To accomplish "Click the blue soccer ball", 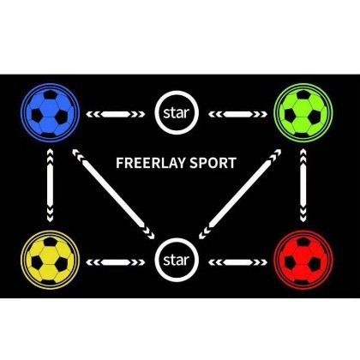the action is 50,113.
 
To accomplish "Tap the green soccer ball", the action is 303,112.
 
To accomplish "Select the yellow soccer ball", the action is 50,260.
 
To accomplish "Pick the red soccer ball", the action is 303,260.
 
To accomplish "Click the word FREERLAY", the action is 151,163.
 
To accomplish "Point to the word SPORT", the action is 213,163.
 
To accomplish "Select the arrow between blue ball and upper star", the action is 116,114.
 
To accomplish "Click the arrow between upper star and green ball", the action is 237,114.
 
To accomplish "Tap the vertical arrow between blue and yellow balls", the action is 50,185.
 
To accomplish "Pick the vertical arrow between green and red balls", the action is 303,185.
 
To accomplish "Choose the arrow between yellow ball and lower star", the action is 116,262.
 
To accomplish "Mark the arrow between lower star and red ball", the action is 237,262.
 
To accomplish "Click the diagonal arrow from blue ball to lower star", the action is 113,194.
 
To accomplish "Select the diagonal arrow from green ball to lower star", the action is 240,194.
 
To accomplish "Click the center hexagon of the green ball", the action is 303,108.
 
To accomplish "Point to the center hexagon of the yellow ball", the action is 49,255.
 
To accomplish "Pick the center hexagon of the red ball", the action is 303,255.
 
